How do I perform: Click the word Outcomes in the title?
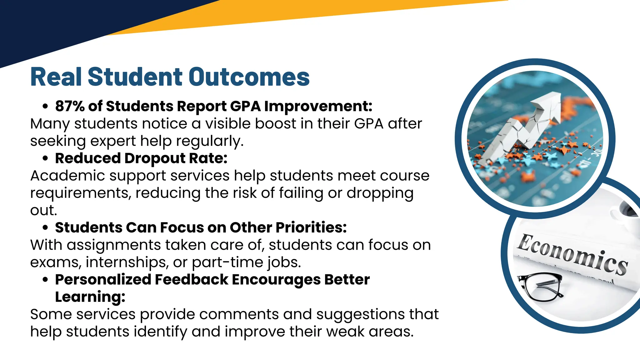(x=249, y=77)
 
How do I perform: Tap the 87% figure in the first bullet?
(x=70, y=106)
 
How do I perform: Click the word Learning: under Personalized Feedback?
(x=90, y=297)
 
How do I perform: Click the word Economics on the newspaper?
(x=572, y=255)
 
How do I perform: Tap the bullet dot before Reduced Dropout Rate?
(x=45, y=158)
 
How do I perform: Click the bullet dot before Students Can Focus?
(x=45, y=228)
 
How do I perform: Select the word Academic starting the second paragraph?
(x=67, y=176)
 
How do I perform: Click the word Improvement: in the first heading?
(x=318, y=106)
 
